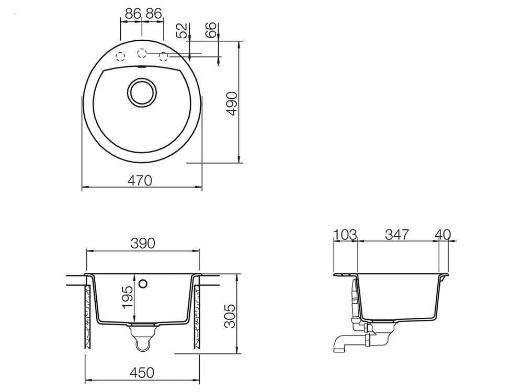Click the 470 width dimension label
(140, 180)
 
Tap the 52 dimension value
(183, 31)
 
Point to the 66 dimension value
(211, 30)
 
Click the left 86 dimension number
(133, 14)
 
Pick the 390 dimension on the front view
(143, 244)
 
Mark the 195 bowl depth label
(128, 297)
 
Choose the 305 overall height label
(230, 316)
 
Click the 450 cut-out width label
(142, 373)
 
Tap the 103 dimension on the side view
(345, 234)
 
